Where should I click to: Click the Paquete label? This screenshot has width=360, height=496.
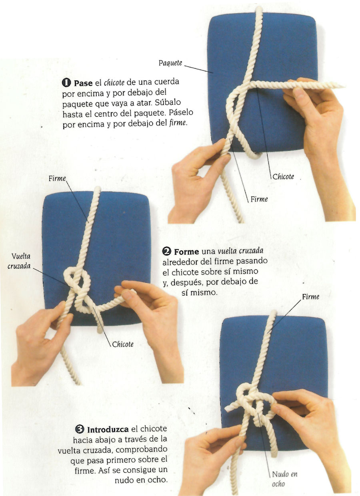[x=170, y=63]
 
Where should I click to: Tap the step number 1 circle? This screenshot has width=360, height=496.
[x=66, y=83]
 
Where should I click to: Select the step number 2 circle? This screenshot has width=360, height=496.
[x=167, y=252]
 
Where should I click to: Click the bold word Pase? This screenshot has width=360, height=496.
[x=83, y=83]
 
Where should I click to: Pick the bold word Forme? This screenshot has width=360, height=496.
[x=186, y=252]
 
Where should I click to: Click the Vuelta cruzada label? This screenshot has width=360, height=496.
[x=19, y=261]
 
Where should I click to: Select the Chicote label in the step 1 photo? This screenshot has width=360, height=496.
[x=283, y=176]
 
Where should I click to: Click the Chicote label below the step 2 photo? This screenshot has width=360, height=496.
[x=123, y=344]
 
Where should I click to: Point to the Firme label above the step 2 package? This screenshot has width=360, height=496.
[x=57, y=178]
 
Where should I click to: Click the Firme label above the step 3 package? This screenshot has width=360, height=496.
[x=311, y=297]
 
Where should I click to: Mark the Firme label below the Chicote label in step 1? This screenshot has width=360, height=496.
[x=259, y=199]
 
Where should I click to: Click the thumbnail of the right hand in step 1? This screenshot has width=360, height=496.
[x=299, y=94]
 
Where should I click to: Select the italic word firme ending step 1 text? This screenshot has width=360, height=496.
[x=178, y=123]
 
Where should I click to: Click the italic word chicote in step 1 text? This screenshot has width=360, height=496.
[x=114, y=82]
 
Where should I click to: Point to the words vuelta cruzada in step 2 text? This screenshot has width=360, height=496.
[x=240, y=251]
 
